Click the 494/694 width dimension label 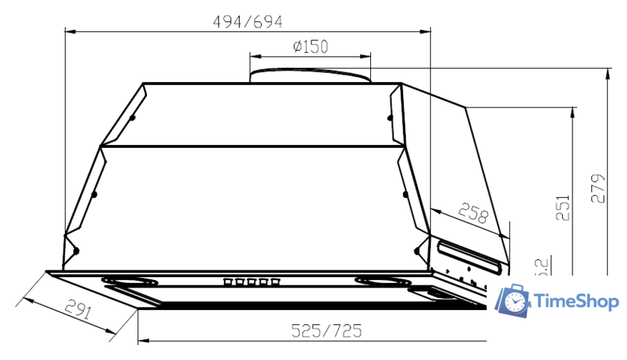tap(249, 22)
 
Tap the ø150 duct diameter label tap(311, 47)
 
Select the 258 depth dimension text tap(472, 214)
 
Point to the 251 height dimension tap(563, 208)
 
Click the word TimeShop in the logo tap(577, 302)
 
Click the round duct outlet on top tap(310, 75)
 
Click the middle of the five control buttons tap(251, 282)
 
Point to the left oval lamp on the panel tap(131, 282)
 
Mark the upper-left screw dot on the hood tap(132, 117)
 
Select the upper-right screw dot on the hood tap(389, 117)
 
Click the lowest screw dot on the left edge tap(75, 250)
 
